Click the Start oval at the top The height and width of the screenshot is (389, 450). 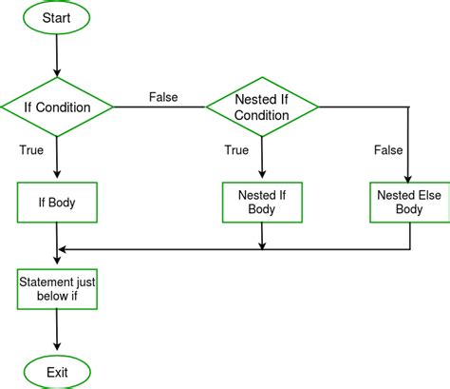[x=58, y=18]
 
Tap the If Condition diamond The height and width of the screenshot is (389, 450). [x=58, y=107]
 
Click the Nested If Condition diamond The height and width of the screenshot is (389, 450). [x=261, y=107]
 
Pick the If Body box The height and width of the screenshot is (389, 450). [x=58, y=202]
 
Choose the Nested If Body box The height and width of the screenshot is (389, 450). [x=261, y=202]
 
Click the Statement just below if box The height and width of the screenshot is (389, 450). [x=58, y=290]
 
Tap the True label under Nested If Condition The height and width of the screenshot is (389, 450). [x=237, y=149]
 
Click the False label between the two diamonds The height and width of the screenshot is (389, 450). [x=163, y=97]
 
